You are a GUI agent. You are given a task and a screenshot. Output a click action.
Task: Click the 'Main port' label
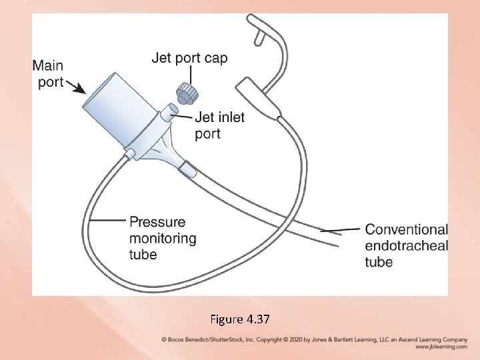47,73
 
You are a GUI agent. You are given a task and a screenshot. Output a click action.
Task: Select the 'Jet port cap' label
189,58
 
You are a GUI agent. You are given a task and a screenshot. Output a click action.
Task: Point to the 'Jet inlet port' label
219,125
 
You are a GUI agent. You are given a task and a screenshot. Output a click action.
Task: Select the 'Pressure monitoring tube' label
163,238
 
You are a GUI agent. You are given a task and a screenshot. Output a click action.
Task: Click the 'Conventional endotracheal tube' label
406,245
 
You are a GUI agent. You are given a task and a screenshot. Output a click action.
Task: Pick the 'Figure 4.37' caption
239,319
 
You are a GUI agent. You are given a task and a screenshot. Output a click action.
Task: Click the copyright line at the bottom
314,339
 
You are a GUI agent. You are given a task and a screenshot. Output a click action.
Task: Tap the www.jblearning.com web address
441,347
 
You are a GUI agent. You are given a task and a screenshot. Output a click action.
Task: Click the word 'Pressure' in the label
157,222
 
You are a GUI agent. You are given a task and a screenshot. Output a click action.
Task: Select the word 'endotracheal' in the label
406,245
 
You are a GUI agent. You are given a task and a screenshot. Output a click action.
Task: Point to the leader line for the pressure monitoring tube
107,220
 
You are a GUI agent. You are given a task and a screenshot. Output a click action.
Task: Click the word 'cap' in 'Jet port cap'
215,58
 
